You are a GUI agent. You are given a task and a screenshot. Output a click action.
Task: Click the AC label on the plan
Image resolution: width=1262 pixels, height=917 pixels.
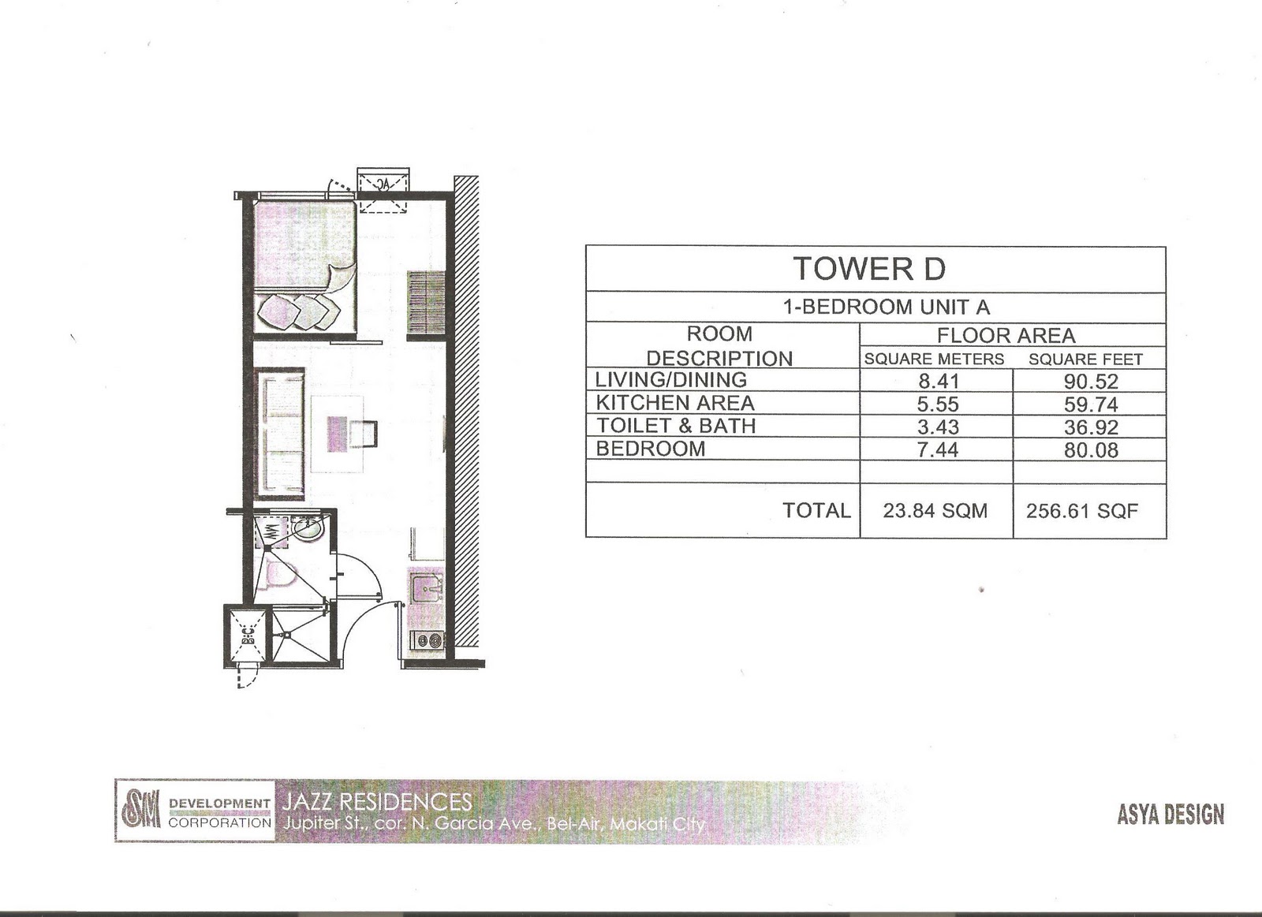pyautogui.click(x=383, y=185)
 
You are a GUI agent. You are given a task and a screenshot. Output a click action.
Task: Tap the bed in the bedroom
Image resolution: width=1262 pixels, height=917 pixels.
pyautogui.click(x=304, y=267)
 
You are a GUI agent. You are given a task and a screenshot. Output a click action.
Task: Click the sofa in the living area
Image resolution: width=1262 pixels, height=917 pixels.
pyautogui.click(x=281, y=433)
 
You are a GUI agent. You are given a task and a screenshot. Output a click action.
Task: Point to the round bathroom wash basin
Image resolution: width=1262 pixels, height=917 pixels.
pyautogui.click(x=308, y=528)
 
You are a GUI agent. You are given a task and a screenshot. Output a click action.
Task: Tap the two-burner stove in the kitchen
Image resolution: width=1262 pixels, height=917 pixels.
pyautogui.click(x=427, y=642)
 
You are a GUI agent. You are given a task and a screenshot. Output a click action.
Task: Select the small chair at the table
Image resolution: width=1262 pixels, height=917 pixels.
pyautogui.click(x=364, y=433)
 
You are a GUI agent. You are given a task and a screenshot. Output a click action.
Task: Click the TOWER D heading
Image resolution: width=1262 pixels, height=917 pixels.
pyautogui.click(x=870, y=269)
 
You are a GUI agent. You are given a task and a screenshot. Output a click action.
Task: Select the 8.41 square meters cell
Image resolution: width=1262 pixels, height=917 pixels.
pyautogui.click(x=938, y=382)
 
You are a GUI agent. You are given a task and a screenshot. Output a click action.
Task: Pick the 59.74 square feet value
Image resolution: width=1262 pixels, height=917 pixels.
pyautogui.click(x=1091, y=404)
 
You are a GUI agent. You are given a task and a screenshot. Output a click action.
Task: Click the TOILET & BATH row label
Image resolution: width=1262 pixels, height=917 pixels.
pyautogui.click(x=675, y=425)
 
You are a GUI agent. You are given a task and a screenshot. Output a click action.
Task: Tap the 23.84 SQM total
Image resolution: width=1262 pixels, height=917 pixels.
pyautogui.click(x=935, y=510)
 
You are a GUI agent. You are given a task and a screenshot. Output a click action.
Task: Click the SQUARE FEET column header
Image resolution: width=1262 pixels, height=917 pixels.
pyautogui.click(x=1085, y=360)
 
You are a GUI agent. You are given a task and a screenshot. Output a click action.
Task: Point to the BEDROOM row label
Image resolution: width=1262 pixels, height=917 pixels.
pyautogui.click(x=650, y=449)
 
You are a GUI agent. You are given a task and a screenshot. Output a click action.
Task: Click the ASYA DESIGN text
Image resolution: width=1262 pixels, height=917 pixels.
pyautogui.click(x=1171, y=814)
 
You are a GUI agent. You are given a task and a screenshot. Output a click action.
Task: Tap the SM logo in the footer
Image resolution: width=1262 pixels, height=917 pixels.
pyautogui.click(x=140, y=810)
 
